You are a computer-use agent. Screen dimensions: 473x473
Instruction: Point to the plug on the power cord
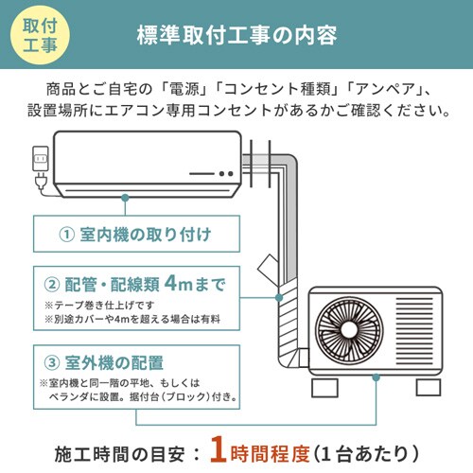click(x=40, y=183)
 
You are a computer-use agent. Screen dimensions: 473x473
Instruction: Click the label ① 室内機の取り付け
click(x=134, y=234)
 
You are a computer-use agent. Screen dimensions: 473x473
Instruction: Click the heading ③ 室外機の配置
click(x=104, y=361)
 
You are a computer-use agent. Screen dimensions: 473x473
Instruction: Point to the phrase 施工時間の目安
click(x=121, y=445)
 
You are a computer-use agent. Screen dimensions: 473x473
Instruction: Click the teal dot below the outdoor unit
click(x=377, y=377)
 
